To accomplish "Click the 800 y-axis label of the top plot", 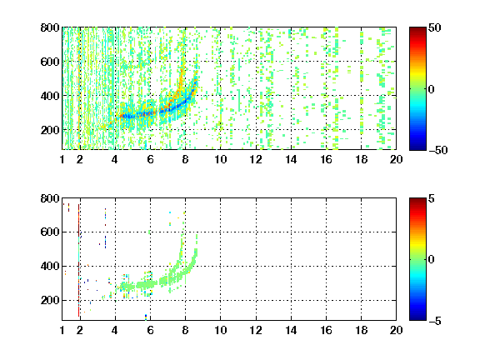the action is (50, 27).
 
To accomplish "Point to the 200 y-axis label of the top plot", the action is (50, 130).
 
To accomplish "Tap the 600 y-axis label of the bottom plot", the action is (50, 232).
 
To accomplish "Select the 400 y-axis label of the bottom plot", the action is (50, 266).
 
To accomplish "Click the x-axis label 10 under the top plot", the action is (220, 159).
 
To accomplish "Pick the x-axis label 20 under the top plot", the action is (396, 159).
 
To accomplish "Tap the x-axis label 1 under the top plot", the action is (62, 159).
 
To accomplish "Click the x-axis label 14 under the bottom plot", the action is (291, 330).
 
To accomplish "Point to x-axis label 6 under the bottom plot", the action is (150, 330).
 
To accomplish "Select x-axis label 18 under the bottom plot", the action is (361, 330).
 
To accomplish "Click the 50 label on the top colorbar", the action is (435, 27).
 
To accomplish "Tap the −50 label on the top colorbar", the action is (437, 150).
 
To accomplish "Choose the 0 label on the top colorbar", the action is (432, 89).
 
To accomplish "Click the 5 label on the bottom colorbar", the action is (432, 198).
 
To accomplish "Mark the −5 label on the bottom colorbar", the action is (435, 321).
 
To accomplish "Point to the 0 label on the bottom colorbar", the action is (432, 260).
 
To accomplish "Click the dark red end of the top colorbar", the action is (417, 30).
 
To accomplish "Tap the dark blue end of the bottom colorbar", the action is (417, 317).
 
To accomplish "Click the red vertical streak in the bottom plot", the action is (78, 260).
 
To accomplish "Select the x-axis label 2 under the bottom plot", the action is (80, 330).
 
